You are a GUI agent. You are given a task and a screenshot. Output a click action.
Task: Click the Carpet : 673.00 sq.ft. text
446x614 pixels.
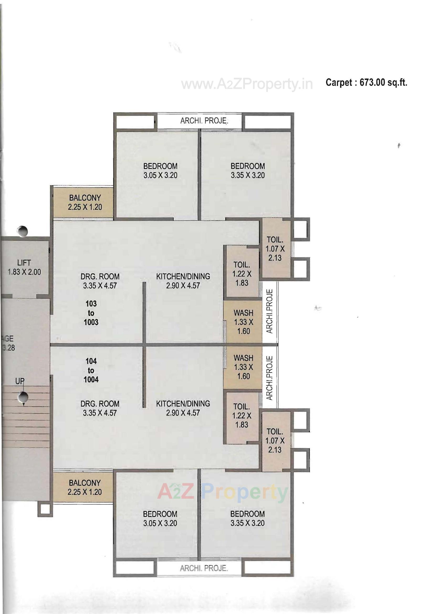pos(366,83)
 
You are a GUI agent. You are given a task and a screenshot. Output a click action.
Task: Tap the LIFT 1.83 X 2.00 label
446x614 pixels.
pos(24,267)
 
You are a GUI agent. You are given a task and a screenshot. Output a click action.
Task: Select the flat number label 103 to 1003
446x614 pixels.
pos(91,313)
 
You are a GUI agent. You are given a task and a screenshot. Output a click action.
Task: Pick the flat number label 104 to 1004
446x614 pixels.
pos(91,370)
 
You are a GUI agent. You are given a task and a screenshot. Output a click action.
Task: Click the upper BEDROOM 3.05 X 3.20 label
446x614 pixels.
pos(160,171)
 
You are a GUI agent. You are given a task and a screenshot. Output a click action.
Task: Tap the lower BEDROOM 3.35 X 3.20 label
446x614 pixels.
pos(247,518)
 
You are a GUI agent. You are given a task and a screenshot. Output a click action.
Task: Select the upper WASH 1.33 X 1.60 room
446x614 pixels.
pos(243,322)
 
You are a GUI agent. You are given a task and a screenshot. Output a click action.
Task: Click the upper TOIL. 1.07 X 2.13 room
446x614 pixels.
pos(275,249)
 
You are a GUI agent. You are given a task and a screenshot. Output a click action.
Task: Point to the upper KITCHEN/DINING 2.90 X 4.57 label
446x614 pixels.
pos(183,281)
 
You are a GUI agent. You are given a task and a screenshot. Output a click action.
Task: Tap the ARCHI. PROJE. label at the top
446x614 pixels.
pos(204,121)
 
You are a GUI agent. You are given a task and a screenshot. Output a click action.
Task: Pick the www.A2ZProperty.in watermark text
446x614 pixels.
pos(247,84)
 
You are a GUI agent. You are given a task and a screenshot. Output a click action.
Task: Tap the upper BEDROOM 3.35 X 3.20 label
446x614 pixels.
pos(248,171)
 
